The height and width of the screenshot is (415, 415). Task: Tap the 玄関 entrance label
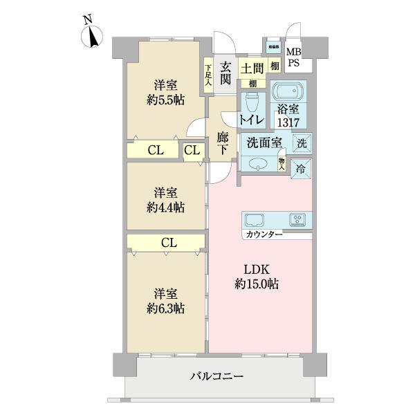tap(225, 73)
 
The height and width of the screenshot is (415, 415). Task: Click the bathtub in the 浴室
tap(287, 93)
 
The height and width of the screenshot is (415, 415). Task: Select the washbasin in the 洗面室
tap(257, 164)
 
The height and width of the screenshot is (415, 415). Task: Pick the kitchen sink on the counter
tap(255, 220)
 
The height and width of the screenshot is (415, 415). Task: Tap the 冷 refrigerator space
tap(302, 167)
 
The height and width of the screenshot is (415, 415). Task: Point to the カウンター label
tap(263, 235)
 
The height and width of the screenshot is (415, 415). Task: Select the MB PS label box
tap(294, 57)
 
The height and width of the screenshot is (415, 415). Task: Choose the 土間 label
tap(250, 68)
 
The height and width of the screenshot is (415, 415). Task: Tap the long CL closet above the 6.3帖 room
tap(167, 243)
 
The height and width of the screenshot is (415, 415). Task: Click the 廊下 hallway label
tap(223, 143)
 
